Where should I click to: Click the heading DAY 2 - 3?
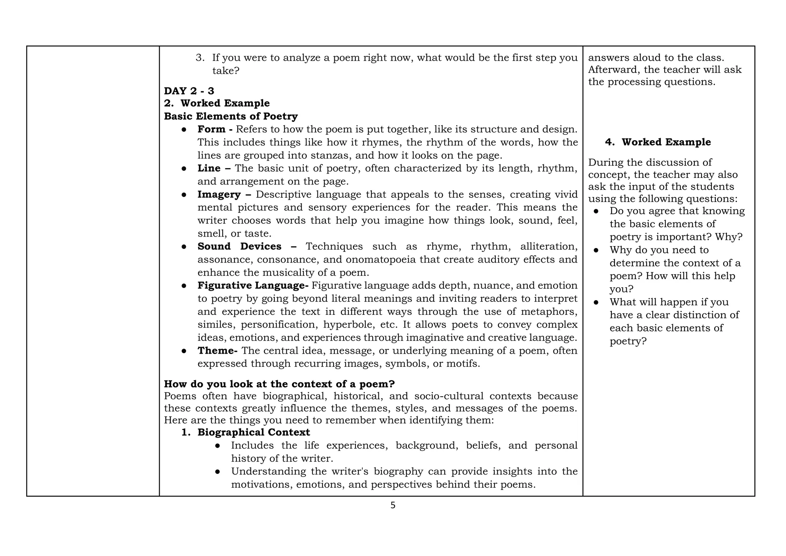(x=189, y=91)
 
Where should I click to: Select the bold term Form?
(x=211, y=129)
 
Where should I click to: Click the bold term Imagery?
(x=219, y=195)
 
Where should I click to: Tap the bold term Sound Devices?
(x=239, y=247)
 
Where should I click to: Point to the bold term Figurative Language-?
(x=253, y=286)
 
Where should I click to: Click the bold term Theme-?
(x=217, y=351)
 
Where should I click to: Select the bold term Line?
(x=209, y=169)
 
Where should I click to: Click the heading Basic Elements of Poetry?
(x=231, y=116)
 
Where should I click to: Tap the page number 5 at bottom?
(x=393, y=506)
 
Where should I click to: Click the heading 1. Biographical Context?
(x=246, y=432)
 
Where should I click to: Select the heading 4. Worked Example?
(x=658, y=142)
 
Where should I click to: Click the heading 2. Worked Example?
(x=217, y=103)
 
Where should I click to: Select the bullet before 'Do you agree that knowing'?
(x=596, y=212)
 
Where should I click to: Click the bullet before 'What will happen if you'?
(x=596, y=303)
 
